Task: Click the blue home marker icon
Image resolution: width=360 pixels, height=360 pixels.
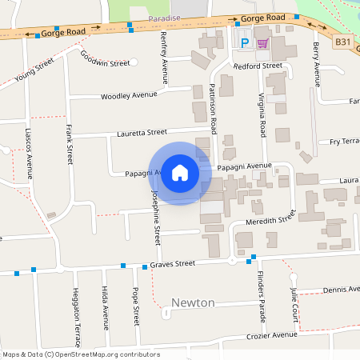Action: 180,172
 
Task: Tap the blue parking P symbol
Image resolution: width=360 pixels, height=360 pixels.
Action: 244,42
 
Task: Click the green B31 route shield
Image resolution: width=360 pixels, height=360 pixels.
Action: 343,42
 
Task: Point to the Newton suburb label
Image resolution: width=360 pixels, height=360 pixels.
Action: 193,302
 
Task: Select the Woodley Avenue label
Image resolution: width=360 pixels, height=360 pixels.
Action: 129,96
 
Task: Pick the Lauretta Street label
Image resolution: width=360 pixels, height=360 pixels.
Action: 142,132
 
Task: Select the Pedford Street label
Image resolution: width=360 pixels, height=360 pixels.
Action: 257,66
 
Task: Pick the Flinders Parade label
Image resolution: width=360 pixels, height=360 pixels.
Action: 261,297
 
